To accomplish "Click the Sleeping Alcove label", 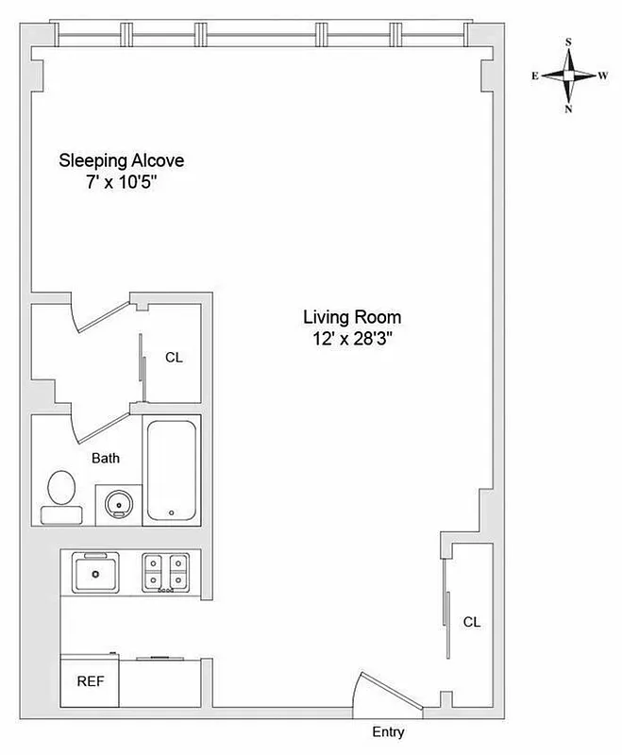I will click(x=122, y=160).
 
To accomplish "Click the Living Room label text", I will click(x=352, y=317).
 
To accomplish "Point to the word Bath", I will click(x=105, y=459).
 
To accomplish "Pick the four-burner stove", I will click(x=166, y=572).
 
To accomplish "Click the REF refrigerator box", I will click(x=90, y=679).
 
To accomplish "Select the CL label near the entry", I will click(x=471, y=622).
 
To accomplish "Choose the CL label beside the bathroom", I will click(x=174, y=358).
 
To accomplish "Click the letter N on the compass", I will click(x=568, y=109).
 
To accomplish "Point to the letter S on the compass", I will click(x=568, y=42).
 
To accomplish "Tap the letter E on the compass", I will click(x=535, y=75).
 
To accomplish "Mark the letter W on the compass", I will click(x=602, y=75).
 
